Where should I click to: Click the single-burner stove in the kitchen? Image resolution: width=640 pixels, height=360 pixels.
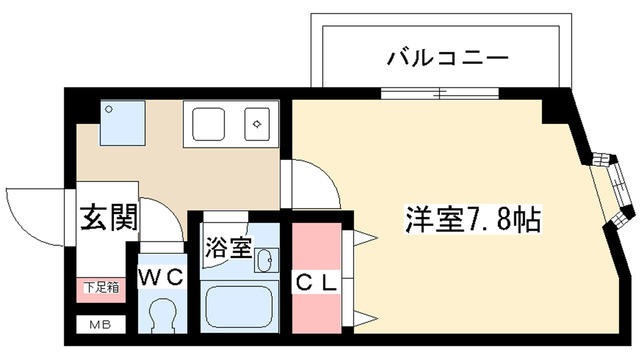pyautogui.click(x=258, y=125)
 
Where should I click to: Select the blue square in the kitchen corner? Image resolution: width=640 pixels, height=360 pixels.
pyautogui.click(x=122, y=122)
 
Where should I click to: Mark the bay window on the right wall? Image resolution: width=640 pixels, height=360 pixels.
pyautogui.click(x=610, y=190)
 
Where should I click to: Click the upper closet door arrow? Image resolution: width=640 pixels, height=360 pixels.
pyautogui.click(x=363, y=239)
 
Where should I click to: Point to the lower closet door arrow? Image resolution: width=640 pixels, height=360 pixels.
pyautogui.click(x=363, y=317)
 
